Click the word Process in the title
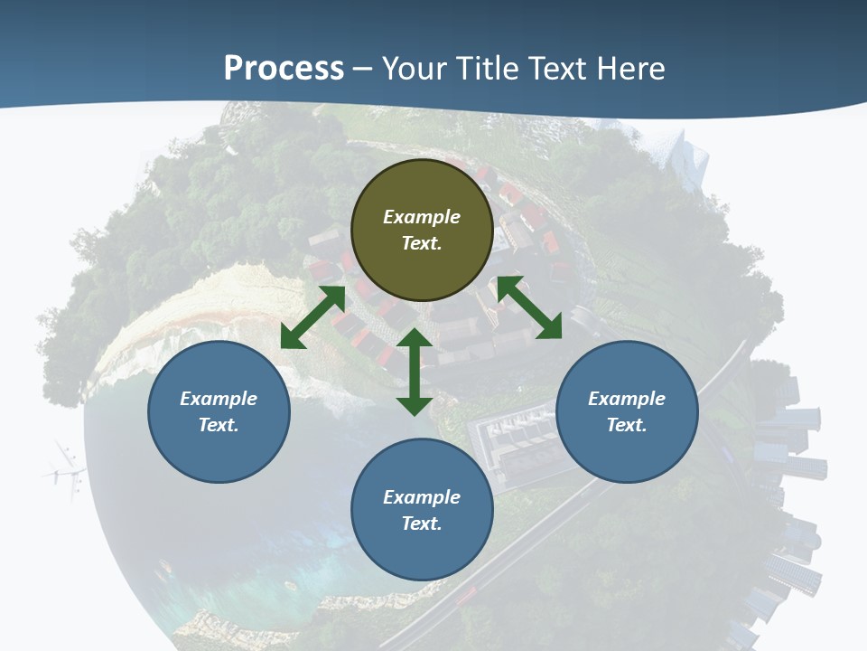coord(284,69)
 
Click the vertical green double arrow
coord(415,372)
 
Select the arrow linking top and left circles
coord(312,317)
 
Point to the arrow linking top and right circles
coord(529,307)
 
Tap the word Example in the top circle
coord(422,217)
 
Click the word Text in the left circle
coord(218,425)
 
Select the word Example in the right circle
coord(627,399)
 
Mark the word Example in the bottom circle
coord(422,497)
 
